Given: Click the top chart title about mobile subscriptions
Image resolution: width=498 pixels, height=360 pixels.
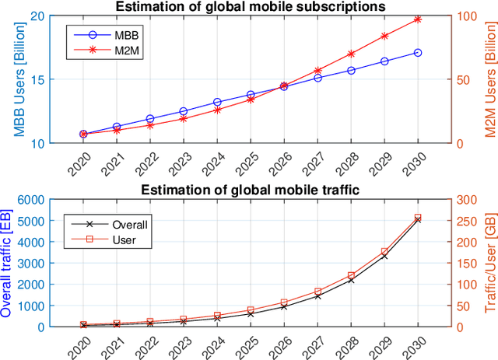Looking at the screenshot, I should point(250,7).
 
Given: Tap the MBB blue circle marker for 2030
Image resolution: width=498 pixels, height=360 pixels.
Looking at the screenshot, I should point(418,52).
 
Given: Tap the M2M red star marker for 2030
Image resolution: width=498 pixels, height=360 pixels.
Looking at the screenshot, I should point(418,19).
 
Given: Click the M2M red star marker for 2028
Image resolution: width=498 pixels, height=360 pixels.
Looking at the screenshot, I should point(351,54).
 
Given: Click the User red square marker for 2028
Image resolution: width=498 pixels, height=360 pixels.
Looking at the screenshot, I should point(351,275).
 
